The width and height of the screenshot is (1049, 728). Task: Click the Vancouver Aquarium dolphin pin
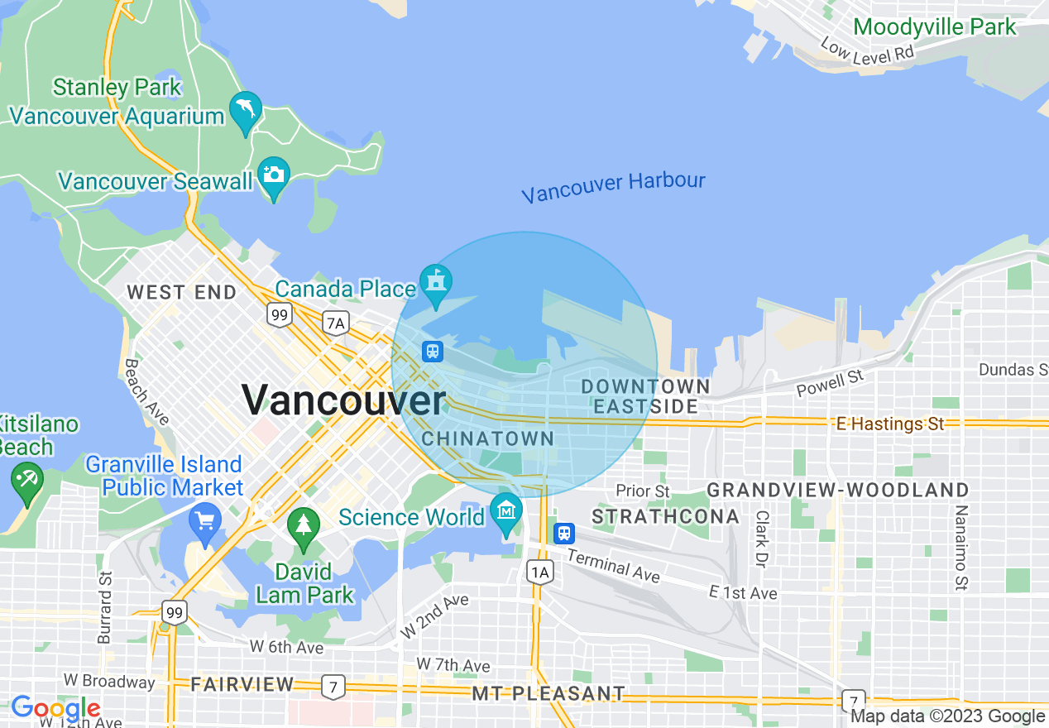[x=247, y=111]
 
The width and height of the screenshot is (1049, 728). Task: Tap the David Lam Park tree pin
[x=304, y=526]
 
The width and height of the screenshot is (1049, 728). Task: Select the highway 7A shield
[x=335, y=323]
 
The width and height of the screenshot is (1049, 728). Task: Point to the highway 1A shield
[x=539, y=572]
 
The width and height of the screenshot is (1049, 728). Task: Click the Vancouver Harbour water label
[x=613, y=187]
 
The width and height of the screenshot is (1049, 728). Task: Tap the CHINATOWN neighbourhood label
[x=488, y=438]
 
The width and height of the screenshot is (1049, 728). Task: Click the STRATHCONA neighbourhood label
[x=666, y=517]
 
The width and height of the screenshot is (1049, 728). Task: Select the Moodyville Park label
[x=935, y=26]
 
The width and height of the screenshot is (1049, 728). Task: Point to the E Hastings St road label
[x=890, y=424]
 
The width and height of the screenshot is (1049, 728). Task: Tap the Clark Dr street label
[x=760, y=539]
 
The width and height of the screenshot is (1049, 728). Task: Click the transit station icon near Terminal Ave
[x=564, y=533]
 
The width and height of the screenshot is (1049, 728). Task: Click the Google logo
[x=55, y=708]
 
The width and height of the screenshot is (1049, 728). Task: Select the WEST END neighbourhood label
[x=181, y=292]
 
